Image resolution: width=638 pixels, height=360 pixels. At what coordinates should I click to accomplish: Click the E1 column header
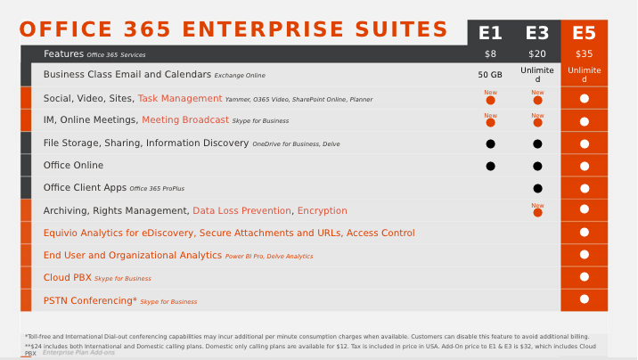point(490,33)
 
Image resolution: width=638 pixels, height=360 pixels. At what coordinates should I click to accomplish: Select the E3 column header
point(537,33)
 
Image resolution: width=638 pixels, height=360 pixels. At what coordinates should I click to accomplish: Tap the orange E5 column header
point(584,33)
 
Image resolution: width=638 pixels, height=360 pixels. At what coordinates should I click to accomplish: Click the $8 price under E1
point(490,54)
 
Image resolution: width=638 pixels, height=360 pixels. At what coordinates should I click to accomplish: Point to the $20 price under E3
point(537,54)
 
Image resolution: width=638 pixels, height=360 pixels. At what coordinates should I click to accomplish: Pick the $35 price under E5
point(584,54)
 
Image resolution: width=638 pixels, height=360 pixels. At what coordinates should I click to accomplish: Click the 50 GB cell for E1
point(490,75)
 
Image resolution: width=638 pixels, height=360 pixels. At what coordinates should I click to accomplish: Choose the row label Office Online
point(73,165)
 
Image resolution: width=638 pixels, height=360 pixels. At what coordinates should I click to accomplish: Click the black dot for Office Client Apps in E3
point(537,188)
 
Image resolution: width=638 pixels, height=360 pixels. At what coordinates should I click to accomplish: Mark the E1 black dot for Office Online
point(490,166)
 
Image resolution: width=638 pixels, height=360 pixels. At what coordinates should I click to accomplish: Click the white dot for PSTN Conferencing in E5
point(584,299)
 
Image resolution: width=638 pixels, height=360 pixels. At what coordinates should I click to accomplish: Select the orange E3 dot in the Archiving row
point(537,211)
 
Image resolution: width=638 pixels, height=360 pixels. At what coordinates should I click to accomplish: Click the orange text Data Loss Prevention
point(241,210)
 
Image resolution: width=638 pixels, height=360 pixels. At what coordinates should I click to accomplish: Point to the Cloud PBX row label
point(68,277)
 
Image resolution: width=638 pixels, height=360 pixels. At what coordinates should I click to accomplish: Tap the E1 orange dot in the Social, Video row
point(490,100)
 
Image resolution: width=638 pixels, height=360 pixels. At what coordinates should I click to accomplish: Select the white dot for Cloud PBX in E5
point(584,277)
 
